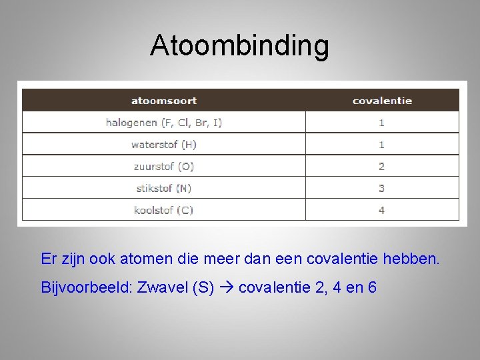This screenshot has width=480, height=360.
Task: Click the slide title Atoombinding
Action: click(239, 45)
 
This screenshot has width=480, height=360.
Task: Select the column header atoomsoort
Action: click(164, 101)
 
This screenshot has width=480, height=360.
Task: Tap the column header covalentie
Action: click(382, 101)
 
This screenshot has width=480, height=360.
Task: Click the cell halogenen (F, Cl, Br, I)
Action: click(164, 123)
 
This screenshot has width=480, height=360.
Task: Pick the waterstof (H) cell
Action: click(164, 144)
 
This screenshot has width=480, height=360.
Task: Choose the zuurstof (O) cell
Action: click(164, 166)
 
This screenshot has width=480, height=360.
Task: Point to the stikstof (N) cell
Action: click(164, 188)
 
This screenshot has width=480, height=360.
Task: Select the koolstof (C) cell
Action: click(164, 210)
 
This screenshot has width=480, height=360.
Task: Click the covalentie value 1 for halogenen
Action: click(382, 123)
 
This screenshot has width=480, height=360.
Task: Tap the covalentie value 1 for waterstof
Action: click(382, 144)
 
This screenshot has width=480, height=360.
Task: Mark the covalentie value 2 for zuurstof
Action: click(382, 166)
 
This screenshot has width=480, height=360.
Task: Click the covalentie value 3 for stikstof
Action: click(382, 188)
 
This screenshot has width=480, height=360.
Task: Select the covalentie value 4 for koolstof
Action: click(382, 210)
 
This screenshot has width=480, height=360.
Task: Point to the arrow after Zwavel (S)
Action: click(226, 288)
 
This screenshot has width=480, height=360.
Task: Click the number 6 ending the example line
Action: click(372, 288)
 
